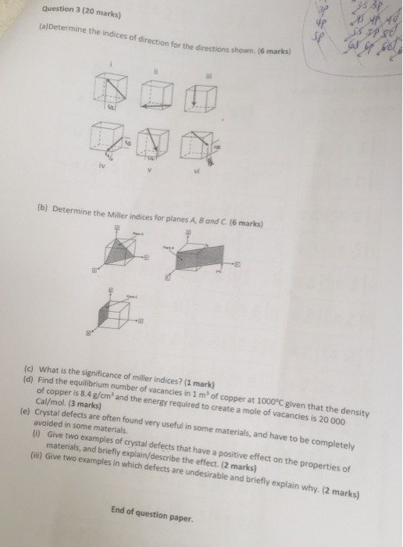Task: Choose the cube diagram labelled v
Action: (x=155, y=144)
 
